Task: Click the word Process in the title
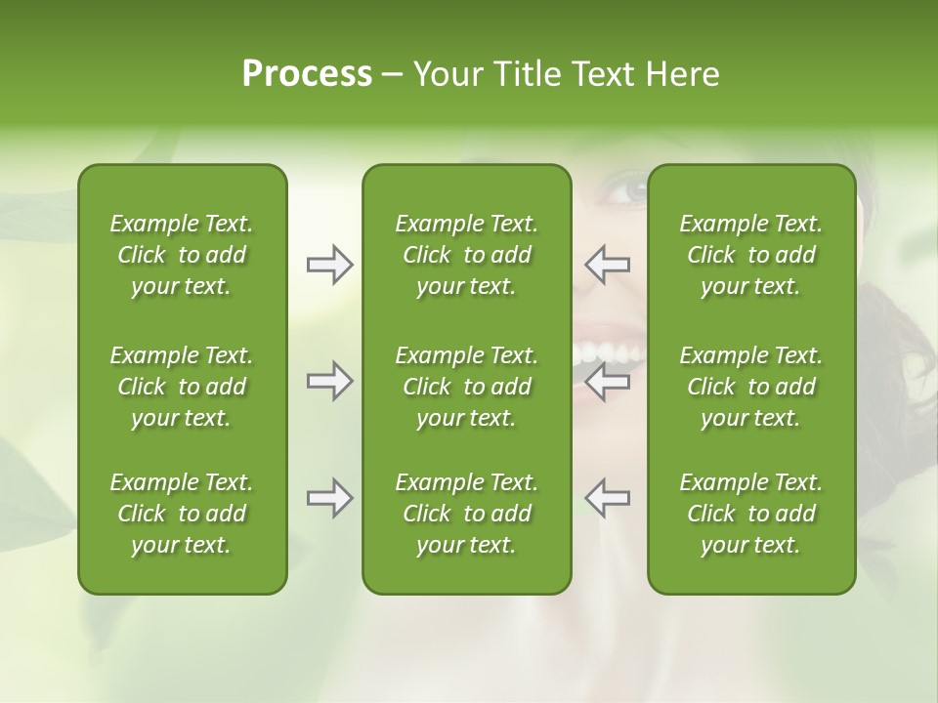click(307, 74)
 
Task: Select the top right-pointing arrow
click(329, 265)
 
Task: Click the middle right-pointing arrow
click(329, 381)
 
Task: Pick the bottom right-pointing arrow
click(329, 498)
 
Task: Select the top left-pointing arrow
click(608, 265)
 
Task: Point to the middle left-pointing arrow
click(608, 381)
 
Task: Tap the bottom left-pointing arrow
click(608, 498)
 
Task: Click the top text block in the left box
click(182, 255)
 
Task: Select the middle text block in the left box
click(182, 387)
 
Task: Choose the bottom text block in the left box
click(182, 514)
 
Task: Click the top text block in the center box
click(466, 255)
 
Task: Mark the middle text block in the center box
click(466, 387)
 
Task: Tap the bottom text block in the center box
click(466, 514)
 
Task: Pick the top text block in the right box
click(750, 255)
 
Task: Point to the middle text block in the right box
click(750, 387)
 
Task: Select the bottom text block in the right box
click(750, 514)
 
